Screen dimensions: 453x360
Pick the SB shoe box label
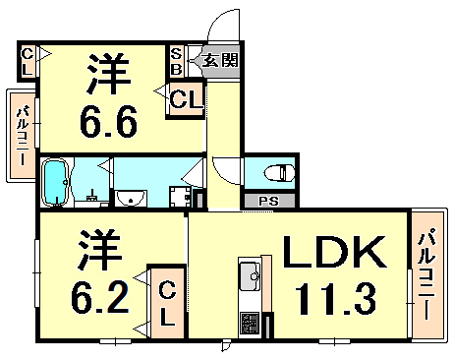point(177,62)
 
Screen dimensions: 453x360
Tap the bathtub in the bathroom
point(57,182)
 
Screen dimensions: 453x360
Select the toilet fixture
point(281,173)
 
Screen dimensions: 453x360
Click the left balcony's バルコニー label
point(21,137)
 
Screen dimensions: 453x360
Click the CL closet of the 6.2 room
point(166,301)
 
